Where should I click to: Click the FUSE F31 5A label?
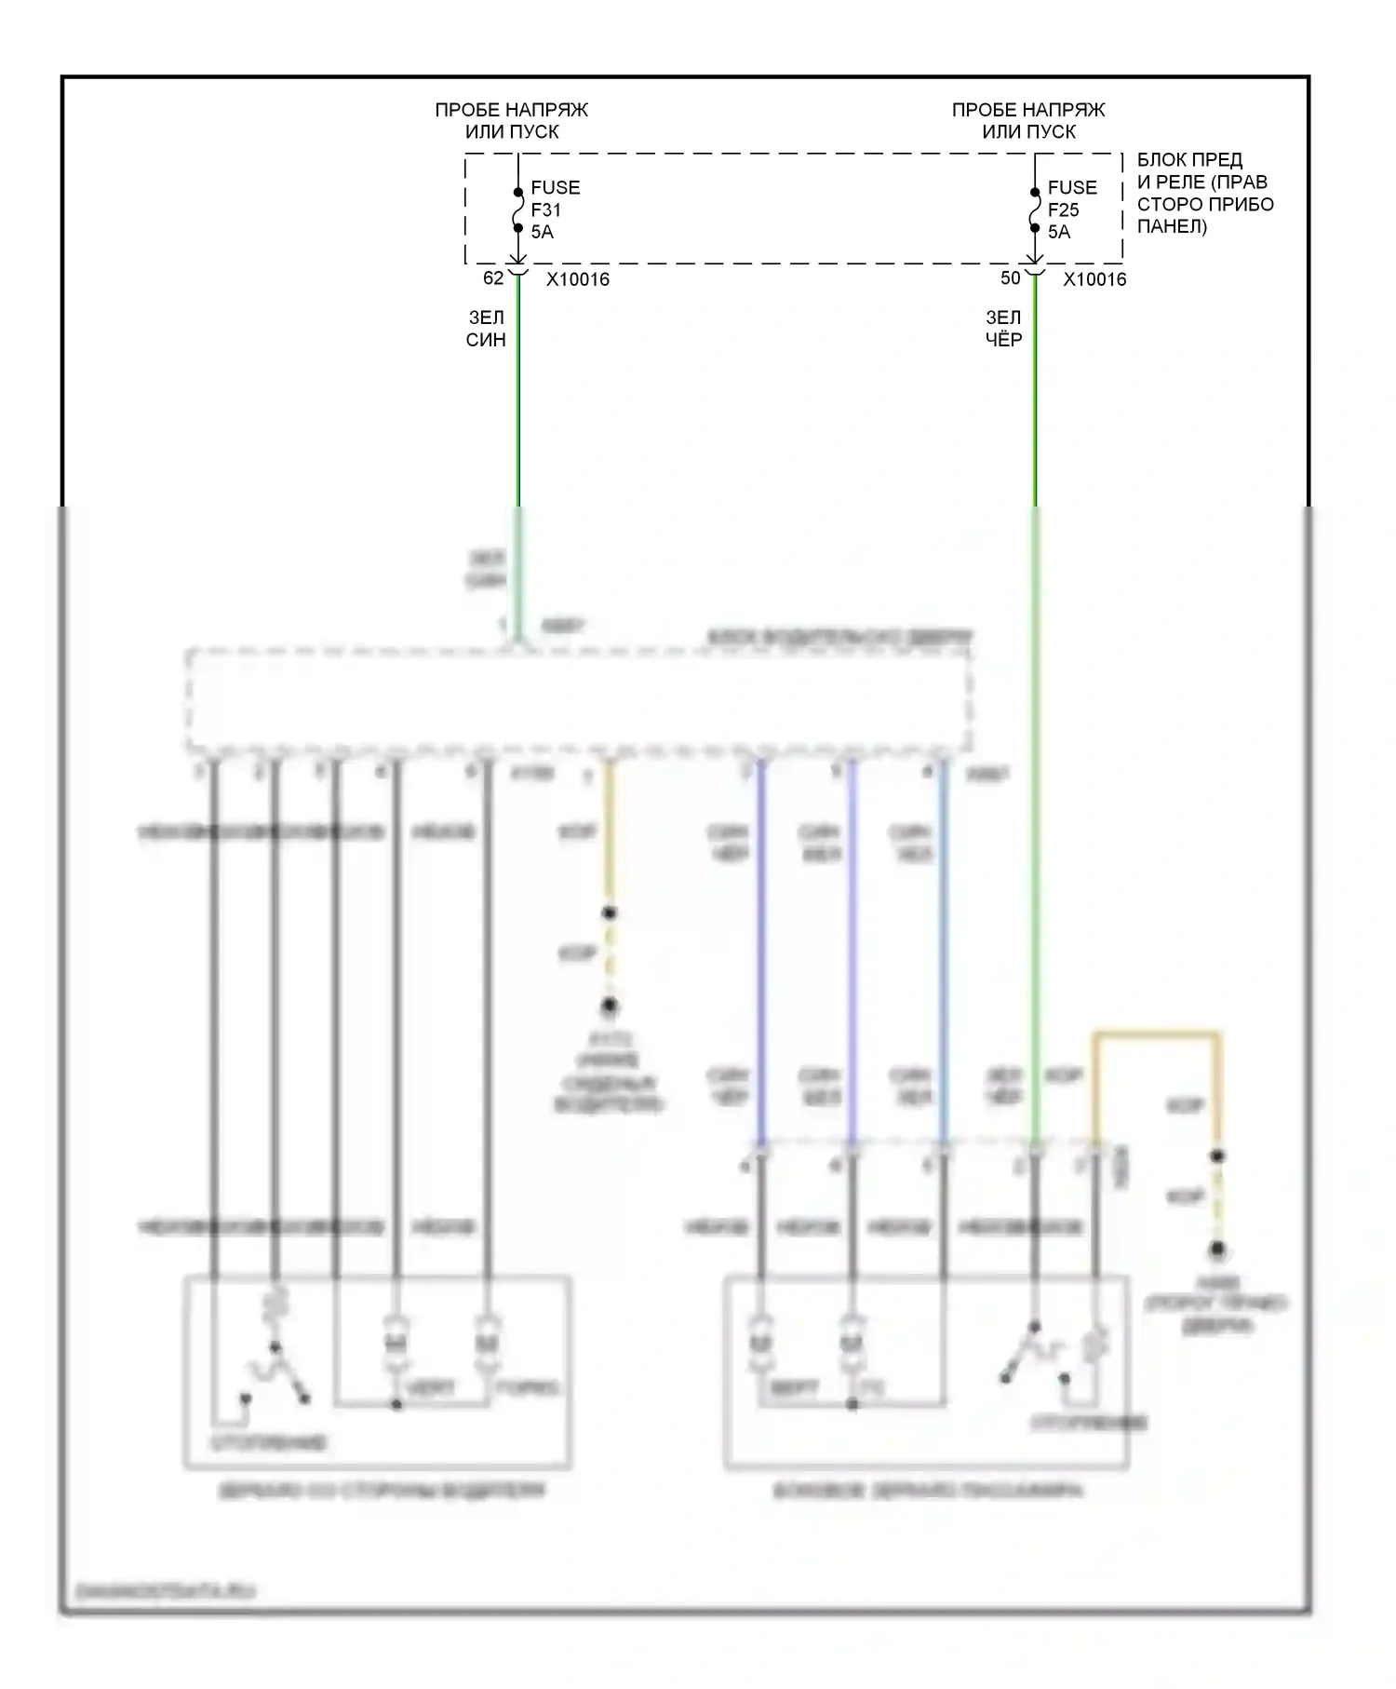click(555, 209)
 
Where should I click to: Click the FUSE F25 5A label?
click(1071, 209)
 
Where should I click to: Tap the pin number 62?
click(493, 278)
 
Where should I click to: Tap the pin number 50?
click(1010, 278)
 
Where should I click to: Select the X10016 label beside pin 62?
click(578, 279)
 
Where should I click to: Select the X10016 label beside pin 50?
click(1094, 279)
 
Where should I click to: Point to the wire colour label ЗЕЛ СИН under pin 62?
click(486, 330)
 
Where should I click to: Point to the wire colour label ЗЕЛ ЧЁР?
click(1003, 330)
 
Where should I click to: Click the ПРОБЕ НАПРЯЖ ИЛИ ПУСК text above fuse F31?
click(512, 121)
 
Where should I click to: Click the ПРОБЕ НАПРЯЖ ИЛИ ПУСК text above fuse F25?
click(1028, 121)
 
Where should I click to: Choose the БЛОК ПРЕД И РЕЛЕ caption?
click(1204, 194)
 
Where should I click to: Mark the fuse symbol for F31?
click(518, 210)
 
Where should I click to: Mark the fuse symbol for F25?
click(1035, 210)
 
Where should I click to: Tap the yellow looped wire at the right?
click(1156, 1034)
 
